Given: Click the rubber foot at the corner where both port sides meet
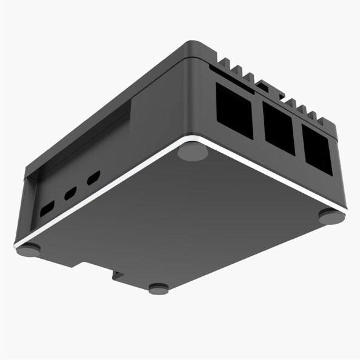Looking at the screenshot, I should (193, 152).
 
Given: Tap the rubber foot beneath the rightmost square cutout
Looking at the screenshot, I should (332, 216).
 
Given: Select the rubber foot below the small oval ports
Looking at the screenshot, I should (28, 250).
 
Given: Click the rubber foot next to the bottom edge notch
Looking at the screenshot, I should (159, 288).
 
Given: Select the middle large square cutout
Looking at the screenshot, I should (278, 127).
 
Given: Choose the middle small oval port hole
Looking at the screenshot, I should (71, 194).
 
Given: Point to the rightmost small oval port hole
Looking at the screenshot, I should (93, 179).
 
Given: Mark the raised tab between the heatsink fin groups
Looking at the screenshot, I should (263, 86).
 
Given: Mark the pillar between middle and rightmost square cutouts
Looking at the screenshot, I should (298, 138).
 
